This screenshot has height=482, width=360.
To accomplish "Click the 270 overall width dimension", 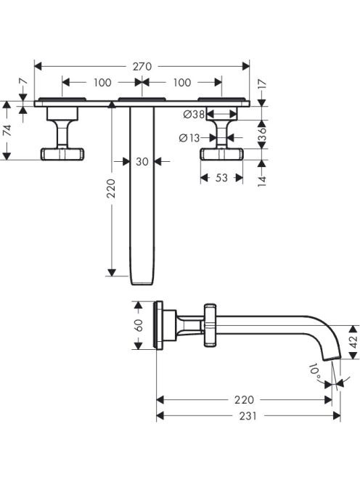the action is coord(142,66).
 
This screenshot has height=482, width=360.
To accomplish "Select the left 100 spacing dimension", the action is coord(102,82).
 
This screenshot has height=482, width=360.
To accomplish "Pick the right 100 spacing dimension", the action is coord(182,82).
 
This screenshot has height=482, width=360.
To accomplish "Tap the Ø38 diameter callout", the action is coord(194,115).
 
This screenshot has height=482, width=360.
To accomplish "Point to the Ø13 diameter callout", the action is coord(189,138).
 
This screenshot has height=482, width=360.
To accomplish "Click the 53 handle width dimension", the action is coord(221,178).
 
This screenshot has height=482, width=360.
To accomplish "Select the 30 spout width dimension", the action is coord(142,161).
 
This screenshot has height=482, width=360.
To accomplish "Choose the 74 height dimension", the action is coord(7,131).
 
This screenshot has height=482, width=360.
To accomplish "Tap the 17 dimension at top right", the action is coord(261,85).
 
